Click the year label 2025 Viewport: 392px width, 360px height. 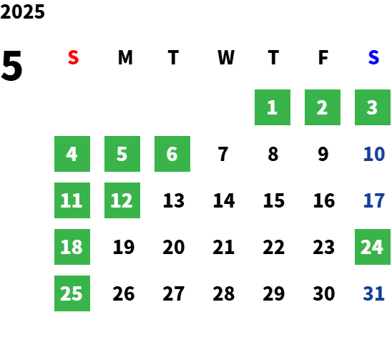[x=22, y=11]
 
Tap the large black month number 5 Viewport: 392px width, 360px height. [x=11, y=66]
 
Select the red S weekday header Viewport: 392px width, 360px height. [x=73, y=57]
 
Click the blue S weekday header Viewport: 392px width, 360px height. [x=373, y=57]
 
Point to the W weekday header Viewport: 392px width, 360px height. [x=226, y=57]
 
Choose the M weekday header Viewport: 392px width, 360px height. [x=125, y=57]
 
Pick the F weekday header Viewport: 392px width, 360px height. [x=323, y=57]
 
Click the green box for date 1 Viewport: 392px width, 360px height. [x=273, y=107]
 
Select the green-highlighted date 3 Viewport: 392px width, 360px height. [x=373, y=107]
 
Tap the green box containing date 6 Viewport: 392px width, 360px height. [x=172, y=154]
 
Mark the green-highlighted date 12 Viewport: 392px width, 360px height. [x=122, y=200]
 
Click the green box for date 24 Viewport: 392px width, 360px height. [x=373, y=247]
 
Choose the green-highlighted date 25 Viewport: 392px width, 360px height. [x=72, y=293]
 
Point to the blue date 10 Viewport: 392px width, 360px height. [x=374, y=154]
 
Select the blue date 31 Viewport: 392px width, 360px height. [x=373, y=293]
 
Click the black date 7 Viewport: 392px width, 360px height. [x=223, y=154]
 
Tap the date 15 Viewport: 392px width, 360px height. [x=274, y=200]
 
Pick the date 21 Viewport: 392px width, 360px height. [x=223, y=247]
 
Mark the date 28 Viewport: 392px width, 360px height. [x=223, y=293]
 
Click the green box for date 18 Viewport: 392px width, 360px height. [x=72, y=247]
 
